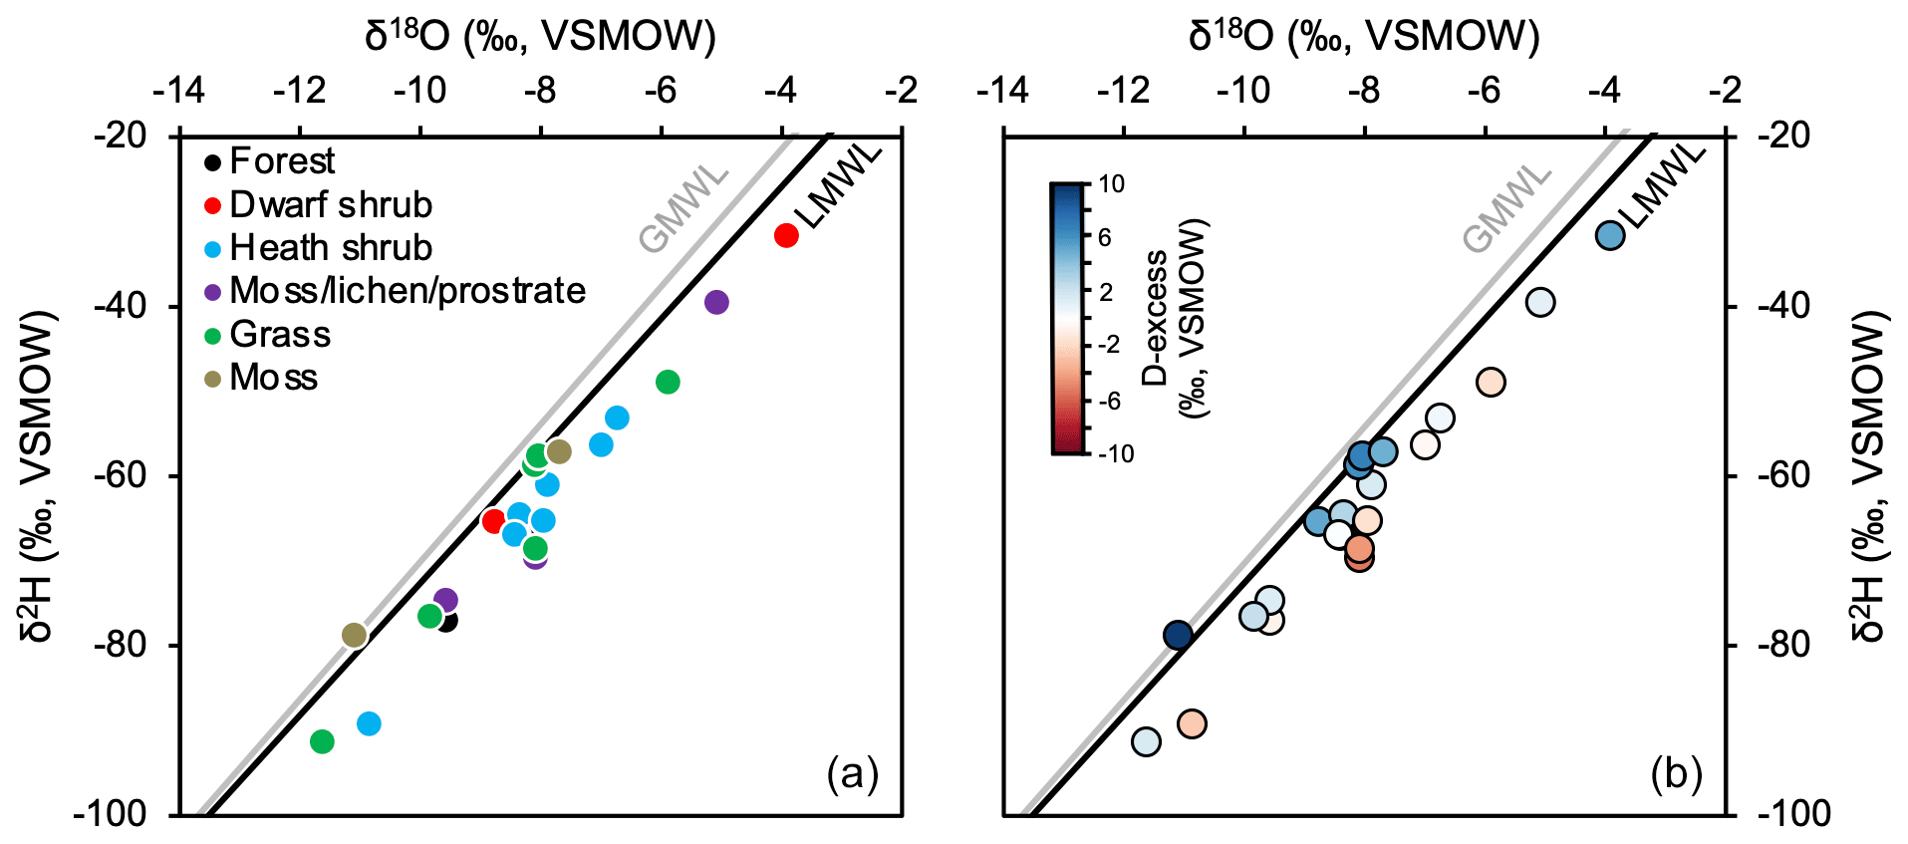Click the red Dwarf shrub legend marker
pos(212,205)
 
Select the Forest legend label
pos(282,161)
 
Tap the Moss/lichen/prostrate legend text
pos(408,291)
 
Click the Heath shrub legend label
pos(331,248)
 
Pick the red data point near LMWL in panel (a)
pos(786,236)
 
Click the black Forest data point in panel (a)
pos(447,621)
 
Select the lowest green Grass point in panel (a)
pos(322,741)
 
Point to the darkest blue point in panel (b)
pos(1178,635)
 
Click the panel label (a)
pos(852,773)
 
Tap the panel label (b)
pos(1676,773)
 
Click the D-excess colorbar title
pos(1173,318)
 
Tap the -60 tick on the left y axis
pos(120,475)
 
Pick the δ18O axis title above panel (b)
pos(1364,37)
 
